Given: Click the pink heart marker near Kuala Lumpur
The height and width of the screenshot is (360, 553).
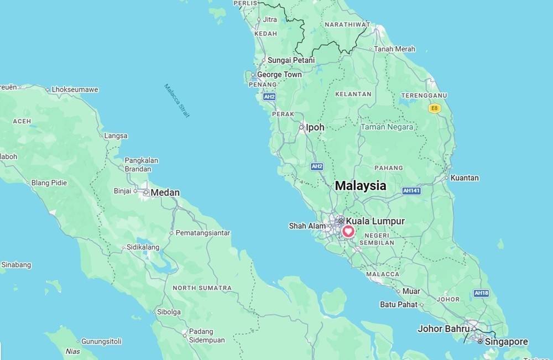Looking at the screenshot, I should click(348, 232).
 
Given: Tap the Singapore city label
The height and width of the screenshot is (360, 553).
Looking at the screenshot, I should click(506, 342).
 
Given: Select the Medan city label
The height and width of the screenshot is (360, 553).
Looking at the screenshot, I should click(165, 193).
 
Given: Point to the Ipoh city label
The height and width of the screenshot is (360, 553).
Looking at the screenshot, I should click(315, 127).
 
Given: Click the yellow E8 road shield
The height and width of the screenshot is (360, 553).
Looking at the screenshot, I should click(435, 108).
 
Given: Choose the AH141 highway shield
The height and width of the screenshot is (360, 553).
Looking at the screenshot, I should click(411, 190).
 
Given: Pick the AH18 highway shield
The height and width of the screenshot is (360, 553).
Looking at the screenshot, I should click(481, 293).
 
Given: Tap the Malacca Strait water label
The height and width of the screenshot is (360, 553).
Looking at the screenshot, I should click(177, 101).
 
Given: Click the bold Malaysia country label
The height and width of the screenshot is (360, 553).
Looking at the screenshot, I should click(361, 186).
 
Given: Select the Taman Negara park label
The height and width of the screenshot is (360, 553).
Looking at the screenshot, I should click(387, 127).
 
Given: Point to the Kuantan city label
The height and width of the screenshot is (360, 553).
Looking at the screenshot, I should click(465, 178).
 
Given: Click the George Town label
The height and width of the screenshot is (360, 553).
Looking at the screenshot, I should click(279, 75).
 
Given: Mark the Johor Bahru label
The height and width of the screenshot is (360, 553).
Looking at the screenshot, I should click(444, 328).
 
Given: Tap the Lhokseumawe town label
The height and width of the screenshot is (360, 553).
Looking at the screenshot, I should click(75, 90).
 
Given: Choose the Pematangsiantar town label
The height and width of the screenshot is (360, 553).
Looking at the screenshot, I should click(202, 233).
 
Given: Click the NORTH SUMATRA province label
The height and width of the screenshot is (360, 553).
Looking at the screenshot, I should click(202, 288).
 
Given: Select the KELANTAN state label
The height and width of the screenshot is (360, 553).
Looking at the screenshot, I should click(353, 94).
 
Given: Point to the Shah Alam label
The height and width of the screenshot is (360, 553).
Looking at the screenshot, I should click(307, 226).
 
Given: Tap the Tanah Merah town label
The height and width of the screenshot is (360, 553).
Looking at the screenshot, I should click(394, 49).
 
